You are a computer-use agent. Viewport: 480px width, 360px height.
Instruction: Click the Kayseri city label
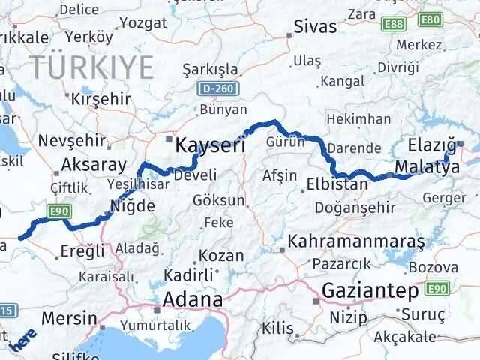(210, 145)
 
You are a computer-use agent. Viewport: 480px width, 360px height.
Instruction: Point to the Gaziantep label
(370, 289)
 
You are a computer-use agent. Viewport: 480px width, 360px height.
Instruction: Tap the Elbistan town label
(337, 184)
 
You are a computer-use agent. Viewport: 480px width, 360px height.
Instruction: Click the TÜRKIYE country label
(92, 67)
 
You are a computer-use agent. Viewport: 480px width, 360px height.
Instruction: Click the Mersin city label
(70, 317)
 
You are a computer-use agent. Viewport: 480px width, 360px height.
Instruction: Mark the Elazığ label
(433, 144)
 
